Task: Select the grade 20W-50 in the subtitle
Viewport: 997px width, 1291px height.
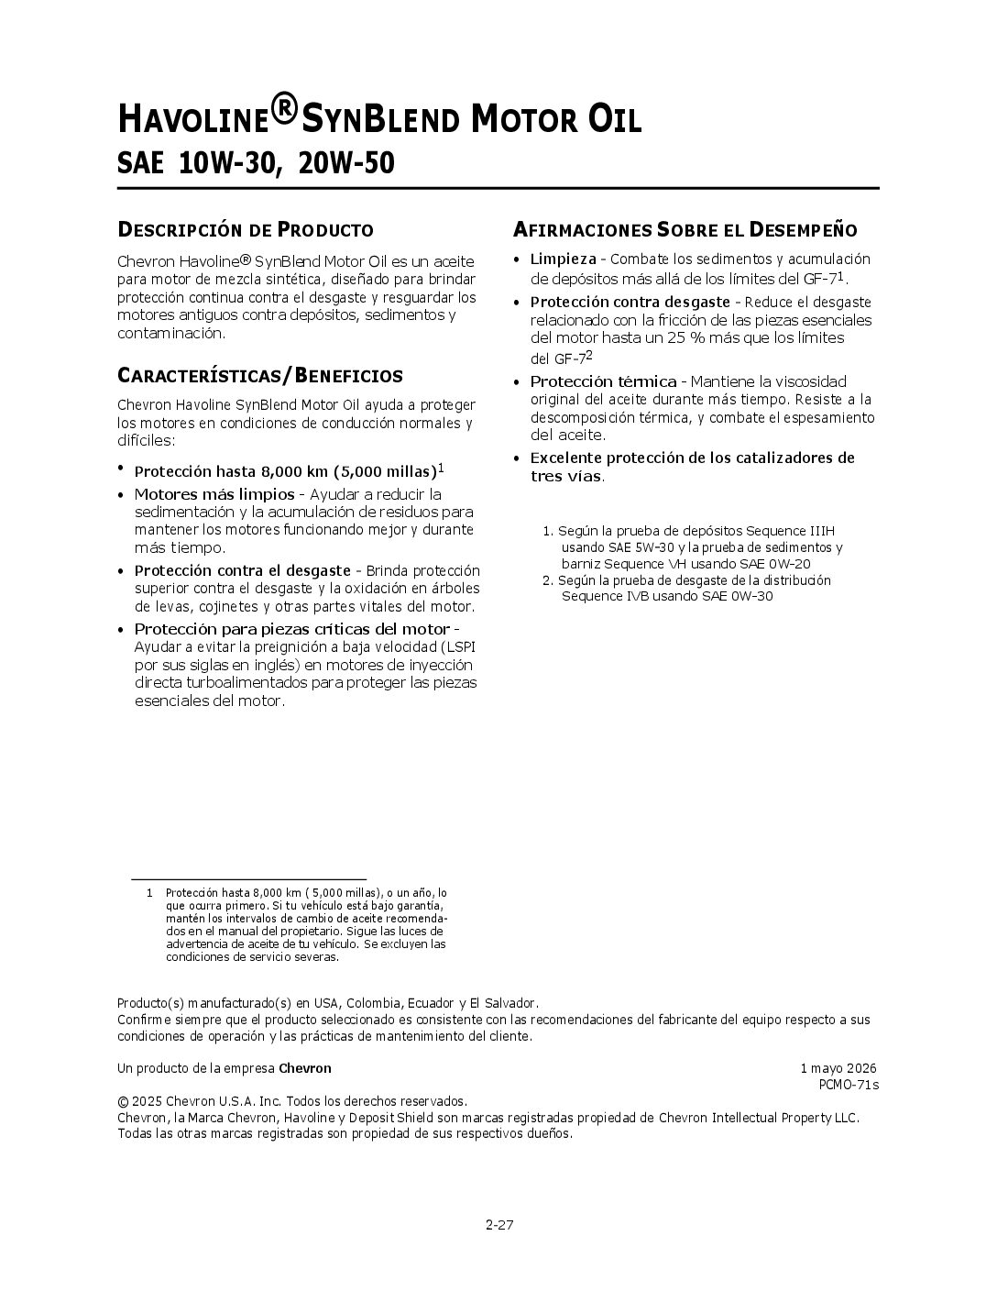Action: click(x=347, y=164)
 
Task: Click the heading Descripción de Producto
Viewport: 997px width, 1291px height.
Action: click(x=245, y=229)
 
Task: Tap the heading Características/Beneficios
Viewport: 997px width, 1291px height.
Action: click(x=259, y=376)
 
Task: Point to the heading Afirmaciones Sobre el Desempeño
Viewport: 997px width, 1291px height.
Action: click(x=685, y=229)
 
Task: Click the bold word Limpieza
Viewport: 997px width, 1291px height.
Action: click(x=563, y=259)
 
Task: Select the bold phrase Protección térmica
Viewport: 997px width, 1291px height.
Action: click(x=603, y=381)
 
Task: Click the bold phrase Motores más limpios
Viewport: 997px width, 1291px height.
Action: click(x=214, y=494)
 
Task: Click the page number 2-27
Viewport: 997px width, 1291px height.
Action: click(x=499, y=1223)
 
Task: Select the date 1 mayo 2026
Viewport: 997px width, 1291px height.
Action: click(x=838, y=1068)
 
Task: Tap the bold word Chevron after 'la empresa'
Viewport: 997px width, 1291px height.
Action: click(x=305, y=1068)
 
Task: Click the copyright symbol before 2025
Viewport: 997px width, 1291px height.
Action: click(x=123, y=1101)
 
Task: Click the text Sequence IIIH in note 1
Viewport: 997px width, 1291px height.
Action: click(x=790, y=531)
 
